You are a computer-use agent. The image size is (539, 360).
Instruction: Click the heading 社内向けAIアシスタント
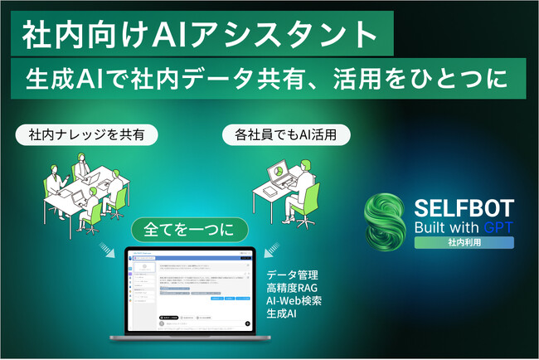point(197,35)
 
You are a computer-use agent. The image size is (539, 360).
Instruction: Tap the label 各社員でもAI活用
point(290,134)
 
